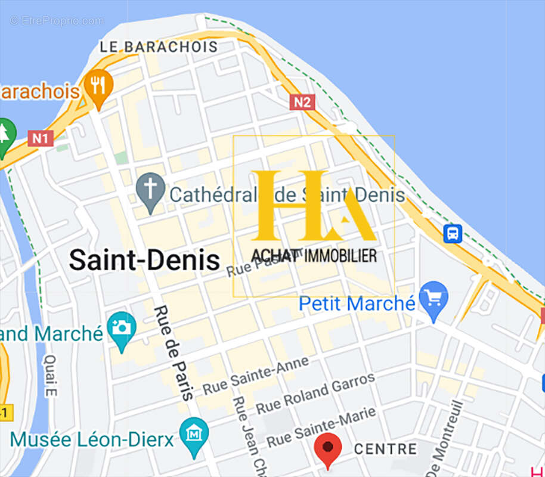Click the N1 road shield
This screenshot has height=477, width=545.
(41, 139)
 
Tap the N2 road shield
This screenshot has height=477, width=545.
(302, 102)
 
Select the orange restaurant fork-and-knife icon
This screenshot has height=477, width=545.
(98, 86)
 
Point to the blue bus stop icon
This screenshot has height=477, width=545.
(453, 233)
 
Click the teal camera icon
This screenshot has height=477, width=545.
(122, 327)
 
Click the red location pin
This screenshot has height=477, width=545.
(327, 449)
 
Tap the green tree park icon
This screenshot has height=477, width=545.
(5, 135)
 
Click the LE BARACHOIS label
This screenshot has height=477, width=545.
(159, 47)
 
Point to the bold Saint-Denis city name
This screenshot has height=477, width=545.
(144, 260)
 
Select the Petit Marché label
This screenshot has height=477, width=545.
(357, 303)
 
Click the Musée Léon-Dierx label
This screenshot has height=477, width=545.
(92, 440)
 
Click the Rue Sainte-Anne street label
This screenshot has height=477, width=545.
(256, 375)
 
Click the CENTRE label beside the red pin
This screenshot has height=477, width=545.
(385, 449)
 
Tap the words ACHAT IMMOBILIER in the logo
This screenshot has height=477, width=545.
(314, 256)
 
